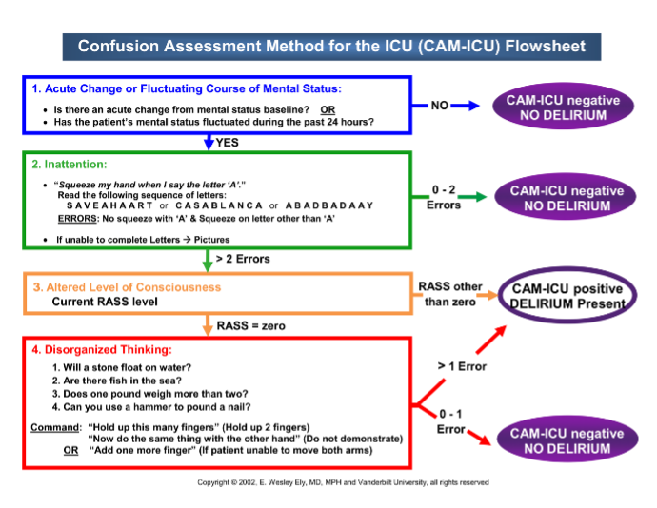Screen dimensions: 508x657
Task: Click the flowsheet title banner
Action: [330, 46]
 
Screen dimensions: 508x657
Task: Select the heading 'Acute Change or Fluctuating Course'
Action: [186, 88]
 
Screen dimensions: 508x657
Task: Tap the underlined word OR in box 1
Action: [328, 108]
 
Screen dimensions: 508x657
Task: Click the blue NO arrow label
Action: [439, 105]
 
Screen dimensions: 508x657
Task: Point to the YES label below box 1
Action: [228, 143]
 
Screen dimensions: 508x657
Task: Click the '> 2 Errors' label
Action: [243, 258]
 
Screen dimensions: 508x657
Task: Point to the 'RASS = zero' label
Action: [250, 325]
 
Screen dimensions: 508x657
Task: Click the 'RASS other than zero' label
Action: [448, 294]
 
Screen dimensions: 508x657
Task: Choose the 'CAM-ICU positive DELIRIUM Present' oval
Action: [567, 296]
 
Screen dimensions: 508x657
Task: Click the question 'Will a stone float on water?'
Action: [116, 366]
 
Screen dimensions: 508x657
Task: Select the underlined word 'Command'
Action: [53, 427]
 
